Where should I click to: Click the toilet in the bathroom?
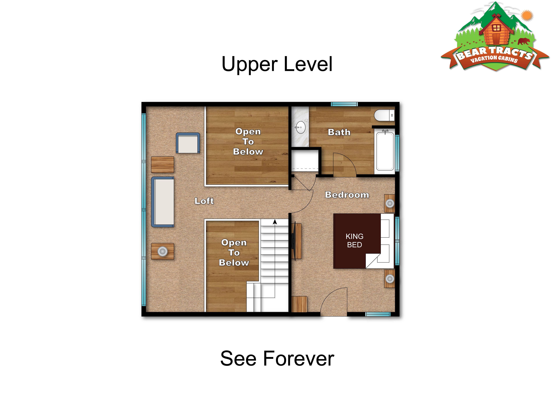pyautogui.click(x=384, y=115)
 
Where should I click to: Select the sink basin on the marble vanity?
pyautogui.click(x=300, y=128)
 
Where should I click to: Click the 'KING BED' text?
pyautogui.click(x=354, y=240)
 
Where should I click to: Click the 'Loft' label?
pyautogui.click(x=204, y=201)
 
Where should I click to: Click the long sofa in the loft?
pyautogui.click(x=162, y=202)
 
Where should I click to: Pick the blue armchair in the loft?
pyautogui.click(x=188, y=143)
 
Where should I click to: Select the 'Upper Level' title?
pyautogui.click(x=277, y=64)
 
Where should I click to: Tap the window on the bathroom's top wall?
pyautogui.click(x=344, y=104)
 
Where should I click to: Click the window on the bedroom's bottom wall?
pyautogui.click(x=378, y=314)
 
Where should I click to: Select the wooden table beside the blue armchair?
pyautogui.click(x=162, y=165)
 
